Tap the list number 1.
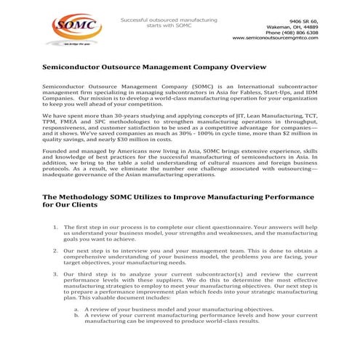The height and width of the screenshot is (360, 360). tap(56, 227)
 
